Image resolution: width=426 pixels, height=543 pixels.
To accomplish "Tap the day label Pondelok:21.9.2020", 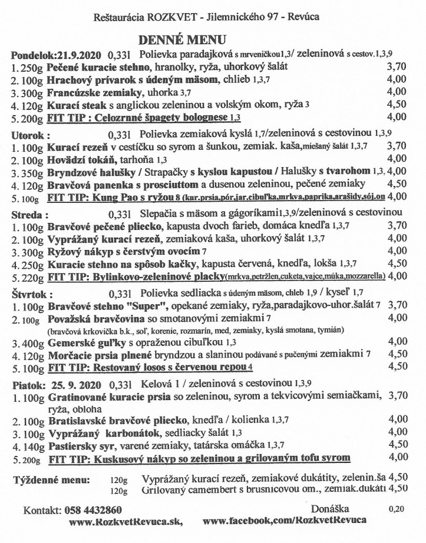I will click(57, 55).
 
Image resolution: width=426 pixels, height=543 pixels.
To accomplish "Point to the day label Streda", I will click(28, 216).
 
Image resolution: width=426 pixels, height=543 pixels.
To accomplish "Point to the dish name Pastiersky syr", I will click(78, 444).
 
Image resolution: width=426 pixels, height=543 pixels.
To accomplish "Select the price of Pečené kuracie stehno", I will click(398, 67).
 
